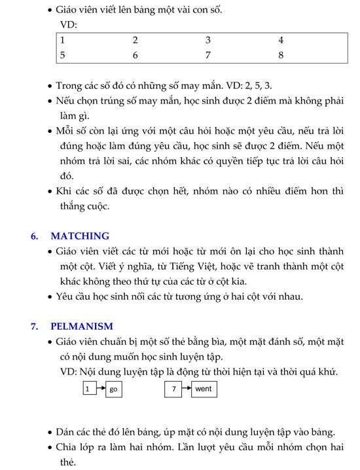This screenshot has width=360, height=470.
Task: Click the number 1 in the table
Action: [x=62, y=41]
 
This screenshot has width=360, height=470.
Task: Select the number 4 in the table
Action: [x=281, y=41]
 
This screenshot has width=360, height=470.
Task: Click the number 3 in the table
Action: [x=208, y=41]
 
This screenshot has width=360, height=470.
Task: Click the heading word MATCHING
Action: [x=80, y=236]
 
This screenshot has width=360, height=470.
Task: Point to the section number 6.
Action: [x=35, y=236]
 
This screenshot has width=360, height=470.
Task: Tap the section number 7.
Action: [x=35, y=327]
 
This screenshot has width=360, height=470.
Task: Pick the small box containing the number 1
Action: [x=88, y=389]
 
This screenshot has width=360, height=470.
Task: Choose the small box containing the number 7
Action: [x=173, y=389]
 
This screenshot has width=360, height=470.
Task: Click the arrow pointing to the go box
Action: [x=100, y=389]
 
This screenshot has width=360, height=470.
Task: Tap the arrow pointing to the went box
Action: [x=186, y=389]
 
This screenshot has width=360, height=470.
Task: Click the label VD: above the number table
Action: [x=68, y=25]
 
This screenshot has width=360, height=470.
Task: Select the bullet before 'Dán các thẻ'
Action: [x=51, y=433]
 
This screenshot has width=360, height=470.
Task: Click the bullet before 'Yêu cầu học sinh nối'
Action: [x=51, y=297]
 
